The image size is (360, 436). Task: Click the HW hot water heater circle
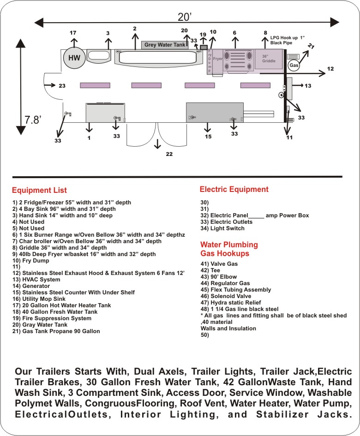click(x=74, y=58)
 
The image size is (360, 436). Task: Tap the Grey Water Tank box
click(x=165, y=45)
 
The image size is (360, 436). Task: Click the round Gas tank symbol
click(x=294, y=66)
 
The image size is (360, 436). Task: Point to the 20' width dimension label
click(x=185, y=17)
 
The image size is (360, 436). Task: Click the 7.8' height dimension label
click(x=33, y=120)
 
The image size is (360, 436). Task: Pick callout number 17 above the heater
click(x=73, y=33)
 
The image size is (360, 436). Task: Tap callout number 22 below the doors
click(x=169, y=154)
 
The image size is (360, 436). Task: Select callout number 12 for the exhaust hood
click(x=330, y=69)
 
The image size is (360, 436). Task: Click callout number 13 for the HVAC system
click(x=308, y=86)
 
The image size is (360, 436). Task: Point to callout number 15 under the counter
click(x=208, y=137)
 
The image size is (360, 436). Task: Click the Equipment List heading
click(x=39, y=190)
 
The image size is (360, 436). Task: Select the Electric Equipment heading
click(x=234, y=189)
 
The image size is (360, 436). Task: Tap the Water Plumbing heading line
click(x=229, y=245)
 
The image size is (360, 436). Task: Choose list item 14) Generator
click(x=31, y=286)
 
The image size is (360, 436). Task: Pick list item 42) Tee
click(x=210, y=270)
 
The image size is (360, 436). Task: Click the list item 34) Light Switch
click(x=222, y=228)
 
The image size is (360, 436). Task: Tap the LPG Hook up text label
click(x=288, y=40)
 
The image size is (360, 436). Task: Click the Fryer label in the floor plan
click(x=217, y=59)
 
